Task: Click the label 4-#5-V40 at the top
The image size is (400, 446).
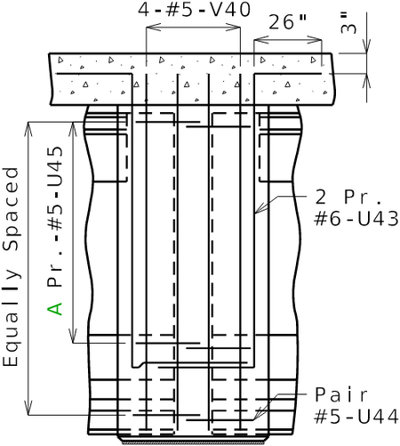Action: [195, 10]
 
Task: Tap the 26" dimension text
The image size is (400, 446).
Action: [287, 21]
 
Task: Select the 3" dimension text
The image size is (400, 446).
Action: [348, 23]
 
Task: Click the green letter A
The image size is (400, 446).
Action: [55, 309]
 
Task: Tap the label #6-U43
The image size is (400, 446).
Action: [356, 219]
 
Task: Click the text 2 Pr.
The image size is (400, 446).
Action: [348, 197]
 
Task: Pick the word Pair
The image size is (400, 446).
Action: [341, 394]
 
